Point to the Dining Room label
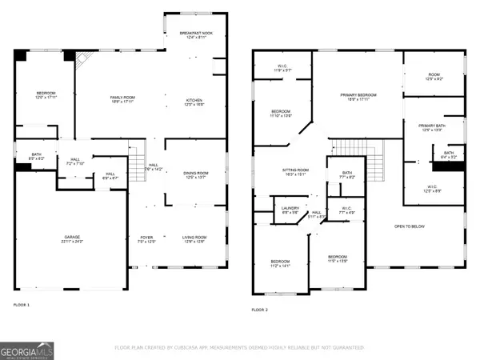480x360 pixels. click(185, 175)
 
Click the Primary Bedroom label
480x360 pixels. click(358, 97)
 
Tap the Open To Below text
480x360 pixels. click(410, 226)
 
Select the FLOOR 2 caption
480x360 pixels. click(259, 310)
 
